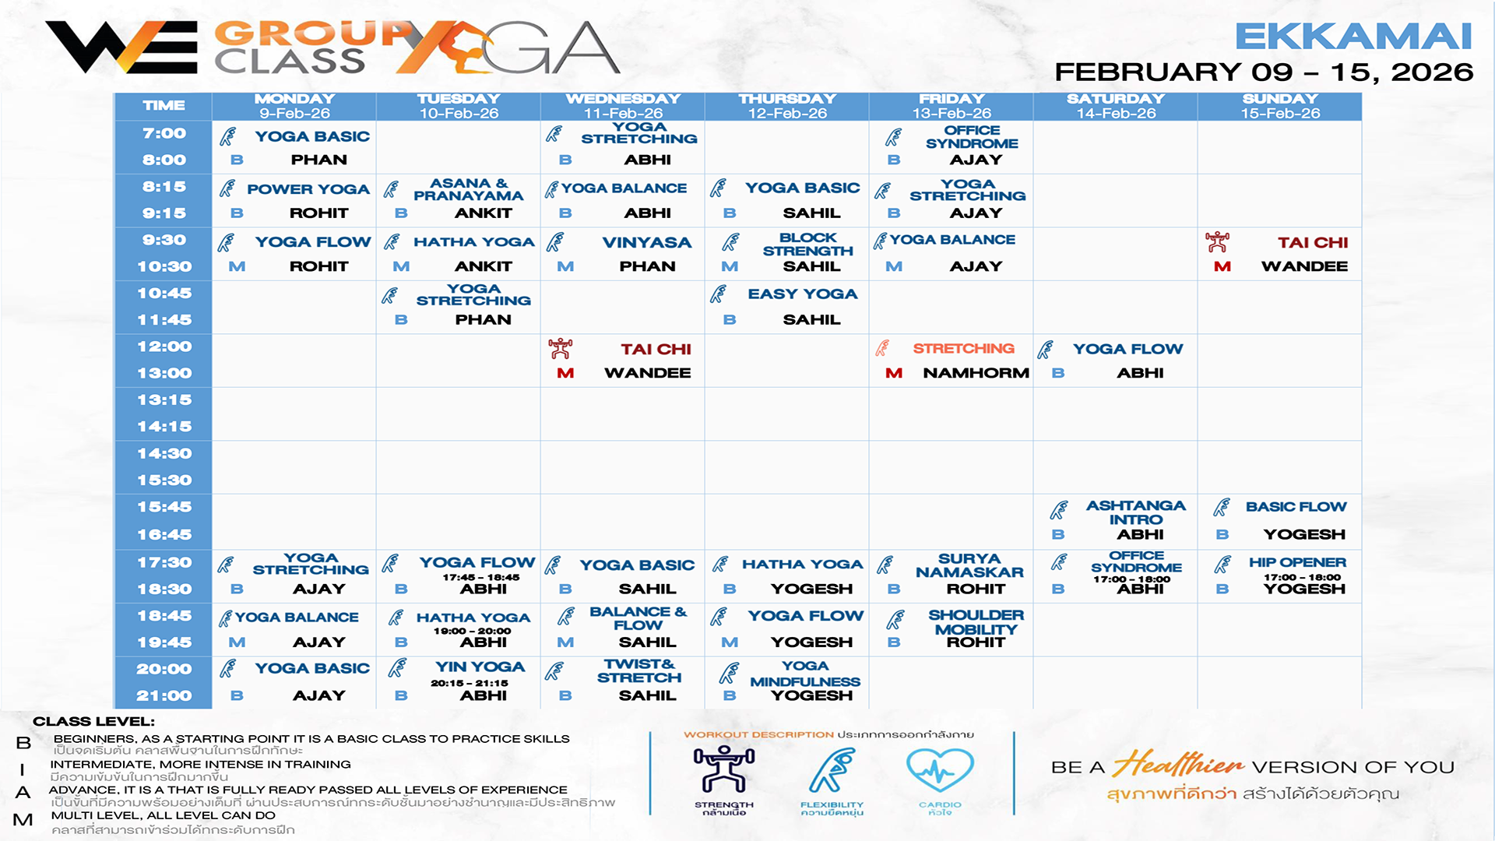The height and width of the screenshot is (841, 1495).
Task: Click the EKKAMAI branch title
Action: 1353,37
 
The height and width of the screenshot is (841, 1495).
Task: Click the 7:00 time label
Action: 164,133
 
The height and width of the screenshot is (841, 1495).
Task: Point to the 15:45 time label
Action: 164,507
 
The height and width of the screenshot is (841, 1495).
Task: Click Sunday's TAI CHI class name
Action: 1313,243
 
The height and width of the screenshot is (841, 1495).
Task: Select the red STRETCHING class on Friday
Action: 963,349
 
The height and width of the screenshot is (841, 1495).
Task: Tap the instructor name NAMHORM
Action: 976,373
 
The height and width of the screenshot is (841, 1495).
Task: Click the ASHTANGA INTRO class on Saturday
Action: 1136,512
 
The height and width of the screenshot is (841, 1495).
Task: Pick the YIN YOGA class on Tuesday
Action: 480,667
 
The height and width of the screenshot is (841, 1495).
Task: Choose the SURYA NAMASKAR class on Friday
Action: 969,565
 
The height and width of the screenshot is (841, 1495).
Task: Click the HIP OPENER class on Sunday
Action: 1297,562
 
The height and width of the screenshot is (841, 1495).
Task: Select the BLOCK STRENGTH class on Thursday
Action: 807,245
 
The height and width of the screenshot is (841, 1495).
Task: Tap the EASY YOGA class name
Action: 802,294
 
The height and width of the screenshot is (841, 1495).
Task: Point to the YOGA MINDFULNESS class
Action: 805,674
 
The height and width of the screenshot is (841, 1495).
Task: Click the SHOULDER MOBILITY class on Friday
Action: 976,622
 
